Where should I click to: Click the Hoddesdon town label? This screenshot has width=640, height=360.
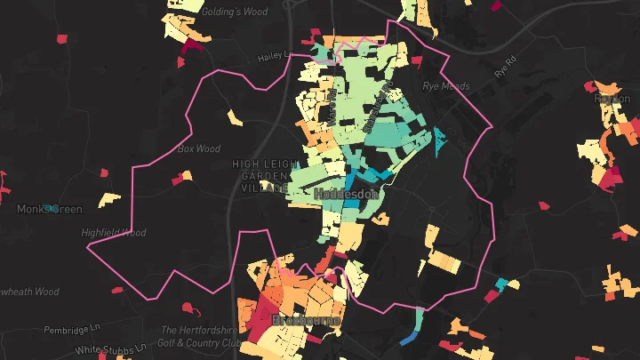(x=348, y=193)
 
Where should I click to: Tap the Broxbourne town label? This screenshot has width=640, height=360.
(x=306, y=319)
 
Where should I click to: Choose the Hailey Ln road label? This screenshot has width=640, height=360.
(x=275, y=56)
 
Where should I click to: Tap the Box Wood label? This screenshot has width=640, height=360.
(x=198, y=149)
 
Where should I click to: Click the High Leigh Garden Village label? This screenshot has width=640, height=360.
(x=261, y=176)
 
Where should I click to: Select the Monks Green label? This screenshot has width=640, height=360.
(x=49, y=210)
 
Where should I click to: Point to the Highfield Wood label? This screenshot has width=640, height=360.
(x=113, y=233)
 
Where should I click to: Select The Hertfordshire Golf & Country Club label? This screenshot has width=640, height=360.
(x=200, y=336)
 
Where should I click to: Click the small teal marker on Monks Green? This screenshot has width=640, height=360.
(x=53, y=208)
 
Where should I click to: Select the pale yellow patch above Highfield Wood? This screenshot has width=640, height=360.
(x=109, y=198)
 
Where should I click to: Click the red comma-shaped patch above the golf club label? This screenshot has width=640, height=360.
(x=188, y=309)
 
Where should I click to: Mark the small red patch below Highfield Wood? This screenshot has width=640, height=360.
(x=117, y=289)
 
